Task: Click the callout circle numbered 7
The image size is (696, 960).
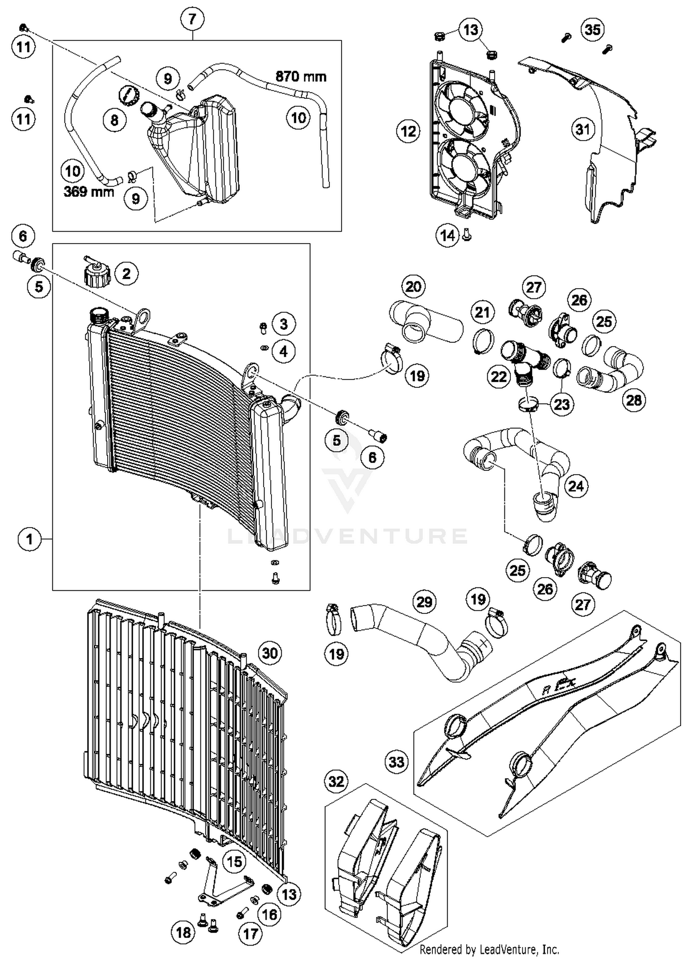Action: click(x=192, y=19)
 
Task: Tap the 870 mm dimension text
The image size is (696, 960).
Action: click(x=301, y=76)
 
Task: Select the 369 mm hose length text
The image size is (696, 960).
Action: click(x=89, y=191)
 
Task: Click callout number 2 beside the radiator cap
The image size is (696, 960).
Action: click(x=126, y=274)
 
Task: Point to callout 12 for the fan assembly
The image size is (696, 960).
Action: click(x=408, y=131)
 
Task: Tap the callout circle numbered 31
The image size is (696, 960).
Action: click(x=583, y=129)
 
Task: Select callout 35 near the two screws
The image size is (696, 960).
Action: click(x=593, y=30)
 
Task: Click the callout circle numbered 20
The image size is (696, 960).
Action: click(x=413, y=286)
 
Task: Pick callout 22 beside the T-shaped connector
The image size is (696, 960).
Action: click(x=499, y=376)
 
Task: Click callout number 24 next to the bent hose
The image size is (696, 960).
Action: click(x=576, y=486)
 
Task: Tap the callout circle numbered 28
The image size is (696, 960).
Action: click(x=634, y=399)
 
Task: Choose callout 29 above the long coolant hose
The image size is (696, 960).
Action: click(x=424, y=602)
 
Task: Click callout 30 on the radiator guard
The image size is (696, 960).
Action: click(x=270, y=653)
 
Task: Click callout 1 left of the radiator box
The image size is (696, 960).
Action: click(x=30, y=539)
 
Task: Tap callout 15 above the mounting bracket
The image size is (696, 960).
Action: click(x=234, y=862)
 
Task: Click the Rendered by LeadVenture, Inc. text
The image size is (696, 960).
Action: click(x=489, y=949)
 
